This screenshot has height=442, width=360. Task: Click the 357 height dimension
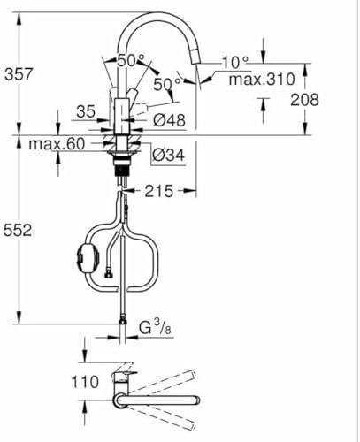[19, 73]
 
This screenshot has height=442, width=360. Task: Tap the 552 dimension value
[18, 230]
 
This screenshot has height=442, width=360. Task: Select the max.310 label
[262, 80]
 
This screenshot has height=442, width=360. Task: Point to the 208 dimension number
[304, 100]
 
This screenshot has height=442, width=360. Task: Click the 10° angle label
[235, 63]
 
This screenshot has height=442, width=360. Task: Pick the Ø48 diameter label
[170, 120]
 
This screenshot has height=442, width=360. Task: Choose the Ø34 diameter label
[169, 155]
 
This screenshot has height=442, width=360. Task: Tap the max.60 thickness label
[57, 144]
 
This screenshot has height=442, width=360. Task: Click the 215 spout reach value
[159, 191]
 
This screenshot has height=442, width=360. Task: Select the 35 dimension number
[86, 112]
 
